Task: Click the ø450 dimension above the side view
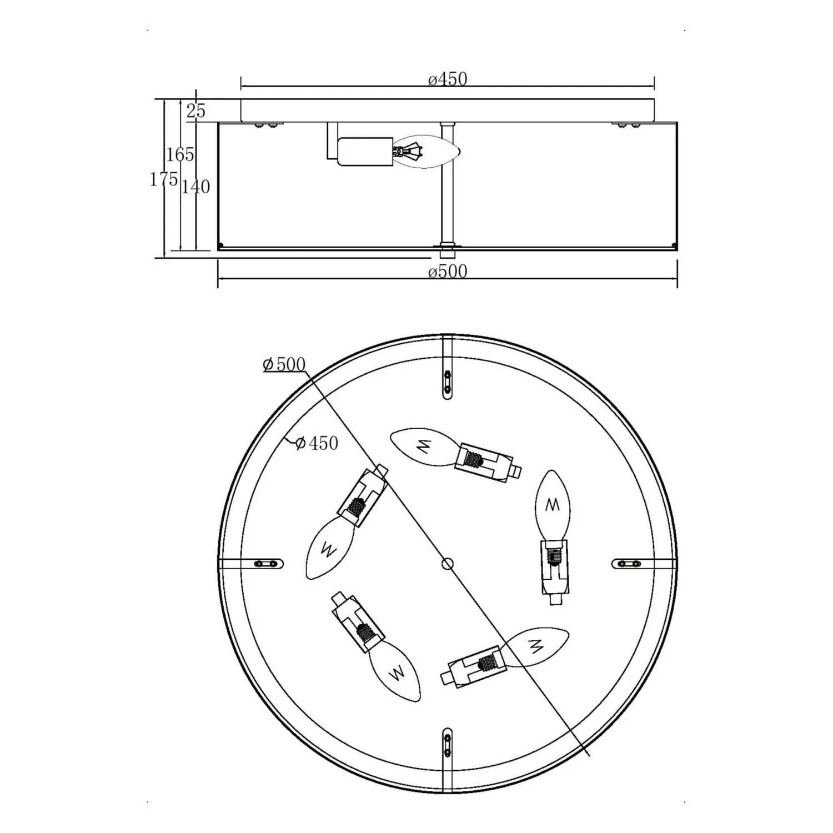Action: (448, 79)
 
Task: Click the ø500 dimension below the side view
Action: (448, 271)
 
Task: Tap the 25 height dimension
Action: (195, 111)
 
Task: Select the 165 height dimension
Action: (180, 154)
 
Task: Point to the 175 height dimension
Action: (164, 179)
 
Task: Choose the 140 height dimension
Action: (196, 187)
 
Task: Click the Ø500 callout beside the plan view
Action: (284, 364)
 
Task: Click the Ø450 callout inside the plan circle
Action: (317, 443)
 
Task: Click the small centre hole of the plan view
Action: (447, 564)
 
